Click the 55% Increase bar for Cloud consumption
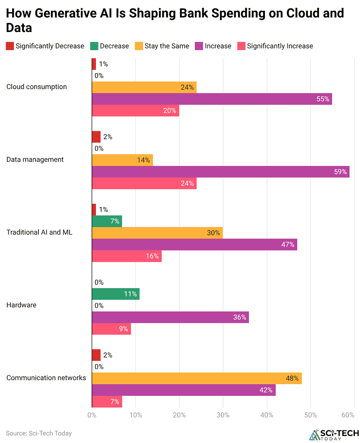212,99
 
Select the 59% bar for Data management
221,172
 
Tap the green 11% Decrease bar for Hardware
116,294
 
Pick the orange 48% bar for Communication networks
197,378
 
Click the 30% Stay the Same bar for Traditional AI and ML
157,233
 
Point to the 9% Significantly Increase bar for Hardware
112,329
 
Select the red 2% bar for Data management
96,137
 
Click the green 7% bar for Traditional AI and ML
107,221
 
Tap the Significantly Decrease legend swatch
10,46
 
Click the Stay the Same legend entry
162,46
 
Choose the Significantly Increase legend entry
275,46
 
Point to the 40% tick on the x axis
267,415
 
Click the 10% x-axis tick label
136,415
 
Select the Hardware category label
22,305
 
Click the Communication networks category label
46,378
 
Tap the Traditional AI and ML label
39,232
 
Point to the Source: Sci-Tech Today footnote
39,433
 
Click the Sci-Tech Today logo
334,435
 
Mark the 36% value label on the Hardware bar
239,317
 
